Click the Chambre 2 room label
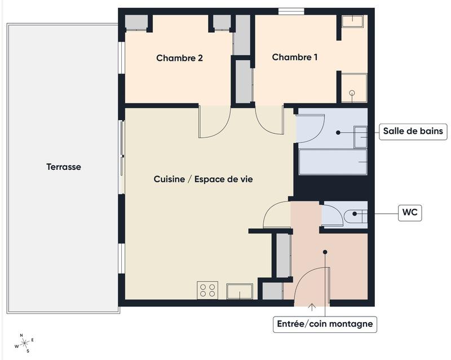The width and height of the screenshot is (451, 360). [x=179, y=58]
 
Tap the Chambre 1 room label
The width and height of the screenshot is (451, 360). [x=295, y=57]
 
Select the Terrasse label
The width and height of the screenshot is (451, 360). [x=64, y=167]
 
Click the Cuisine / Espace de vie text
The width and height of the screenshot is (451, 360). [x=203, y=179]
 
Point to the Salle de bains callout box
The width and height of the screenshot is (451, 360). [x=413, y=132]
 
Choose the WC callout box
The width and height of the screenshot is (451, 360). [x=410, y=213]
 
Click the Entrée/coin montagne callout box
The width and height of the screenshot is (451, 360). [x=325, y=324]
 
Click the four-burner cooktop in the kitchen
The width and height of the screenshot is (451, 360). [x=207, y=290]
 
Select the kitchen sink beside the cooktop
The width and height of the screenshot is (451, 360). [x=240, y=291]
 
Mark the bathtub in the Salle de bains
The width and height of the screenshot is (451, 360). [x=333, y=162]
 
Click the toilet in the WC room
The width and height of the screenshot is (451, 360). [x=356, y=214]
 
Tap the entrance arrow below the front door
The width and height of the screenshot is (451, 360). [x=312, y=307]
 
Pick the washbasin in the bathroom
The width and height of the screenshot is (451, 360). [x=360, y=137]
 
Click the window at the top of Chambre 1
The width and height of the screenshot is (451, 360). [x=291, y=11]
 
